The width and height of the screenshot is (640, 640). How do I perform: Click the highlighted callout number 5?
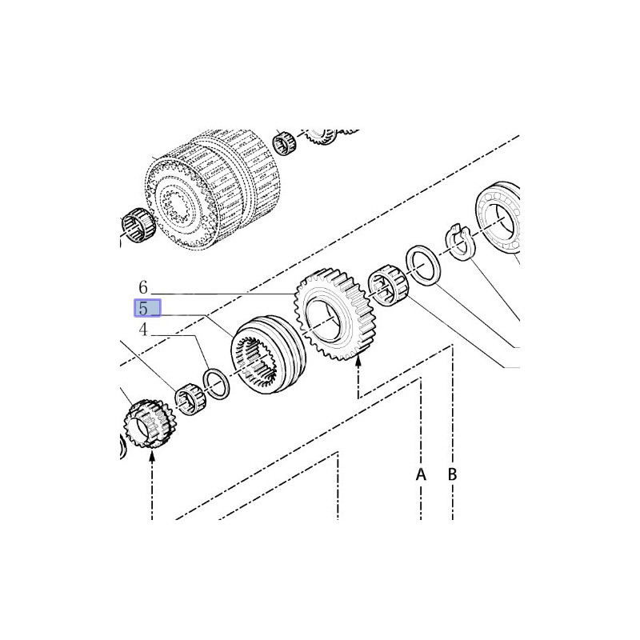[143, 308]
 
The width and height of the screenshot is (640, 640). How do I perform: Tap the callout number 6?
[143, 287]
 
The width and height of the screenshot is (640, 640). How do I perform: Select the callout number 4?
[143, 330]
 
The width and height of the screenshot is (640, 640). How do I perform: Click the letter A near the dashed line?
[421, 474]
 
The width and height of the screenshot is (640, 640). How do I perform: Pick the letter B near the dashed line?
[452, 474]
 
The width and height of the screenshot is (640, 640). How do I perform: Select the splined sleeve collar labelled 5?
[268, 354]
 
